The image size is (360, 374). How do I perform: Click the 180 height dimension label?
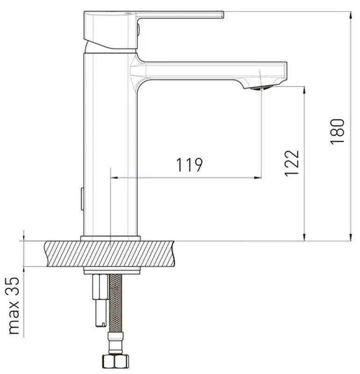[x=338, y=131]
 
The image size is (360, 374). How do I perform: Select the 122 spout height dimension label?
[x=292, y=163]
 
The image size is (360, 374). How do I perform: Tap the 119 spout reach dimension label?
[x=189, y=165]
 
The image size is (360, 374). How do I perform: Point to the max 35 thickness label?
[x=14, y=306]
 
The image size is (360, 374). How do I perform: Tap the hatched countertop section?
[x=110, y=253]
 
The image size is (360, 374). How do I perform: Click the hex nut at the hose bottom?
[x=115, y=361]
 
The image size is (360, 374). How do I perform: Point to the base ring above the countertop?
[x=110, y=238]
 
